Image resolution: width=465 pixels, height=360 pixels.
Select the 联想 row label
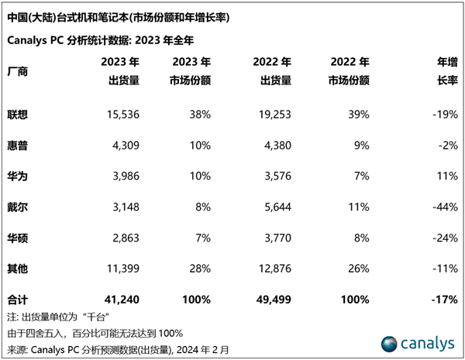[16, 114]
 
